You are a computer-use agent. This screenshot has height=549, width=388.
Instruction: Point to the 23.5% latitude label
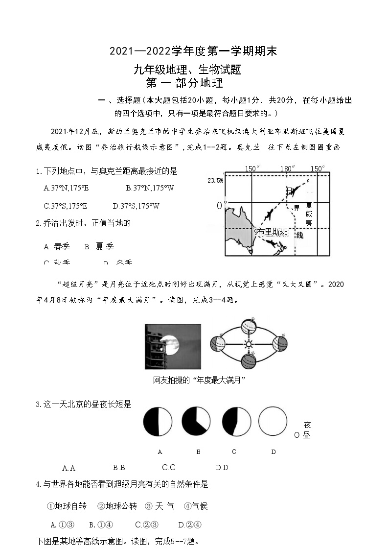point(215,180)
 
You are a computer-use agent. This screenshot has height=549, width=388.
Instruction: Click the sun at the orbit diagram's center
point(248,344)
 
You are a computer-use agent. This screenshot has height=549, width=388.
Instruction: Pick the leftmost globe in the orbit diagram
point(217,344)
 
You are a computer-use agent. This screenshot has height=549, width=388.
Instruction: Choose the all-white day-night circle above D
point(273,421)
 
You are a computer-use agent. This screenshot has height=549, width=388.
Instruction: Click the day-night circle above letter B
point(196,421)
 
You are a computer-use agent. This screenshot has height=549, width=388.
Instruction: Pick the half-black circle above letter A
point(158,421)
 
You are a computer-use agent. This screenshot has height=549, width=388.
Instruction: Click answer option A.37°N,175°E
point(66,188)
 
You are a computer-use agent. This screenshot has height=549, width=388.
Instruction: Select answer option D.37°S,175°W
point(136,206)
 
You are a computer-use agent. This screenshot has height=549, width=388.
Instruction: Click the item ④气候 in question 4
point(196,506)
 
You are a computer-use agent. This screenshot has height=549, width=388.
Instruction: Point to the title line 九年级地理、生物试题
point(188,70)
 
